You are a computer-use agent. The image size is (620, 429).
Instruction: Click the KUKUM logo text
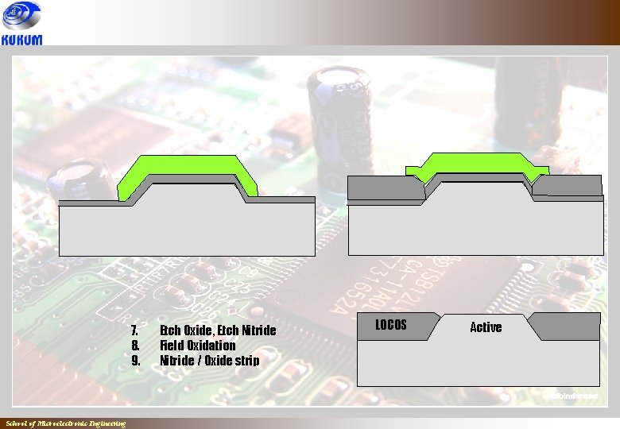coord(22,39)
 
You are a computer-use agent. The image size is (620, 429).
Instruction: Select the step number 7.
coord(135,330)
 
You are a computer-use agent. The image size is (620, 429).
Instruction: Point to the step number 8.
coord(135,346)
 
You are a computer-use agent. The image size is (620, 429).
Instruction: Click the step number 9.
coord(135,361)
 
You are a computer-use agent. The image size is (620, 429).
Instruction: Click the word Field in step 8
coord(173,346)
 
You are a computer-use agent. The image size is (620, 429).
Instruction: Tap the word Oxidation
coord(213,346)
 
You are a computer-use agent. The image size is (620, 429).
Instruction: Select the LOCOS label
coord(390,325)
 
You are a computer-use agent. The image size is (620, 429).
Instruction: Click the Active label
coord(486,327)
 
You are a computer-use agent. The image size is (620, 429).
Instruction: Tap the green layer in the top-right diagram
coord(477,163)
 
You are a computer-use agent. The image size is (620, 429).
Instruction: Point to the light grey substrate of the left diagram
coord(187,230)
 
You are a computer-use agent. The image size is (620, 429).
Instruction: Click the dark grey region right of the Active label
coord(568,326)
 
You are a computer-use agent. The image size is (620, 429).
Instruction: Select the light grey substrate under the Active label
coord(477,361)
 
